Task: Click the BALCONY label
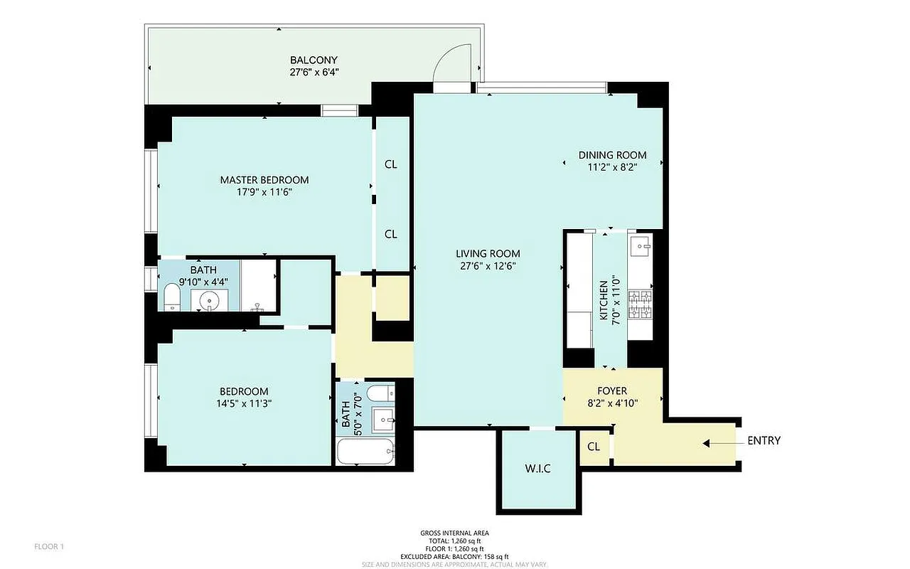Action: pyautogui.click(x=314, y=60)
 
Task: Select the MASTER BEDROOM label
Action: pyautogui.click(x=264, y=180)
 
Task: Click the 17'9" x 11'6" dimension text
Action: pyautogui.click(x=264, y=192)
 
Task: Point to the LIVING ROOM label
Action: pyautogui.click(x=488, y=253)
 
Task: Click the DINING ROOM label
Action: pyautogui.click(x=612, y=155)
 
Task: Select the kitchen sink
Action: pyautogui.click(x=641, y=246)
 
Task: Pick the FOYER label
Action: pyautogui.click(x=612, y=391)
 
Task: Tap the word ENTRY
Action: pyautogui.click(x=764, y=441)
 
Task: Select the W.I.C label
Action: pyautogui.click(x=537, y=468)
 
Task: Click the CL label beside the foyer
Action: pyautogui.click(x=594, y=447)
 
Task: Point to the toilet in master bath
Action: pyautogui.click(x=172, y=297)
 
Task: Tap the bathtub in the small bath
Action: pyautogui.click(x=365, y=452)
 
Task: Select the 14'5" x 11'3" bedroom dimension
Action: pyautogui.click(x=244, y=403)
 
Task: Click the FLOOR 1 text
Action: pyautogui.click(x=49, y=546)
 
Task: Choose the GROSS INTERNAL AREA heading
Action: pyautogui.click(x=454, y=533)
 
